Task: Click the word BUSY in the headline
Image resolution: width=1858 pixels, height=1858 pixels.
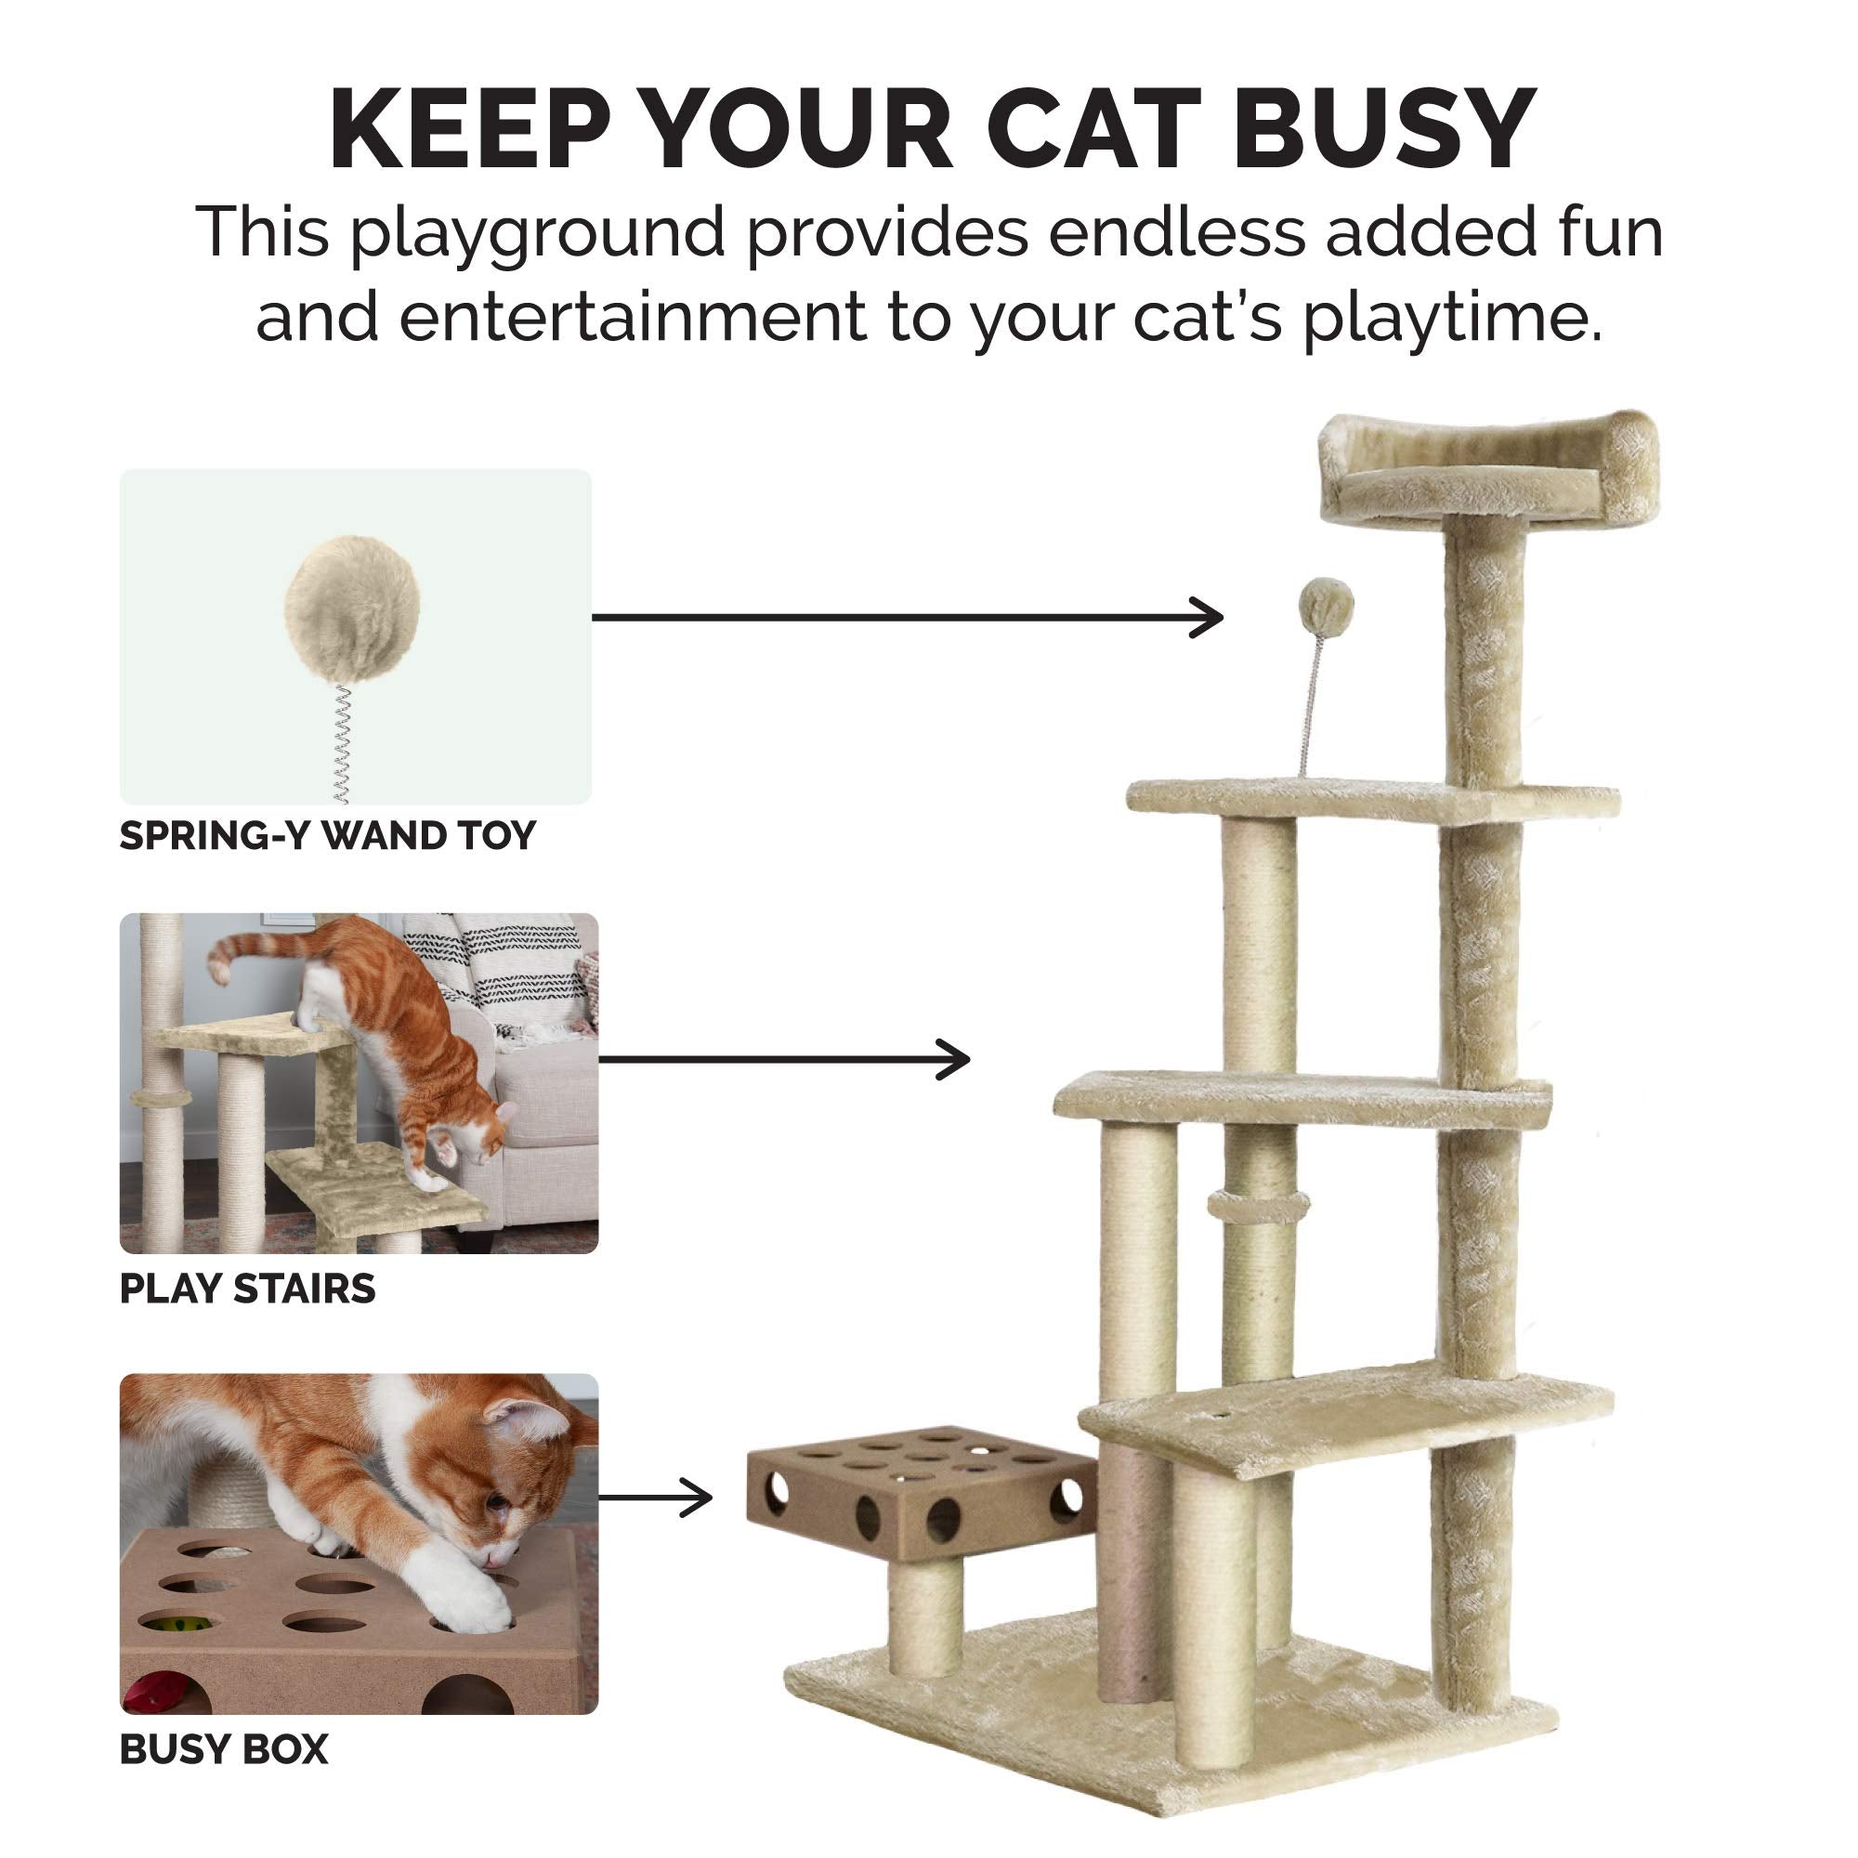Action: click(x=1385, y=130)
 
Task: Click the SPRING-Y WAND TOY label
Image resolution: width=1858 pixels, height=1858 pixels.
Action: click(x=327, y=836)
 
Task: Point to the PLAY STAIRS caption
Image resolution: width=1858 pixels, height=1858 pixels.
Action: click(x=247, y=1289)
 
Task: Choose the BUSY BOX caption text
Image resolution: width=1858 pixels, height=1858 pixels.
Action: click(x=224, y=1749)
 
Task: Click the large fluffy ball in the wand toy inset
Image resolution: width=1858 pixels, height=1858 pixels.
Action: click(x=352, y=605)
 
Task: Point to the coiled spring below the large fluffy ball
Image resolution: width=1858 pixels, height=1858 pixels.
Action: click(x=341, y=743)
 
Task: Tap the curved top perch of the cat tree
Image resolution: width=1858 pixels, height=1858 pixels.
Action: click(x=1487, y=471)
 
